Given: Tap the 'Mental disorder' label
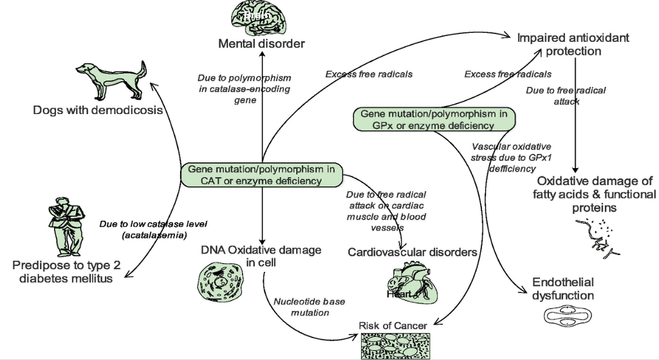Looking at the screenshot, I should [261, 44].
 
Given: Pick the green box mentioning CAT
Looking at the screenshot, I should [262, 175].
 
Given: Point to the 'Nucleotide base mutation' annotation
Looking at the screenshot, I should [301, 307].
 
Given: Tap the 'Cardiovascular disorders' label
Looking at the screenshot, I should [413, 252].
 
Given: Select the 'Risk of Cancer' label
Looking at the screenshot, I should [393, 325].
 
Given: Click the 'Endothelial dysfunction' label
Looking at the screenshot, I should [562, 289].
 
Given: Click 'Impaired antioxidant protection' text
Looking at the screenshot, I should [573, 44].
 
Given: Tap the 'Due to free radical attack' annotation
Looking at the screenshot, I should [566, 96].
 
